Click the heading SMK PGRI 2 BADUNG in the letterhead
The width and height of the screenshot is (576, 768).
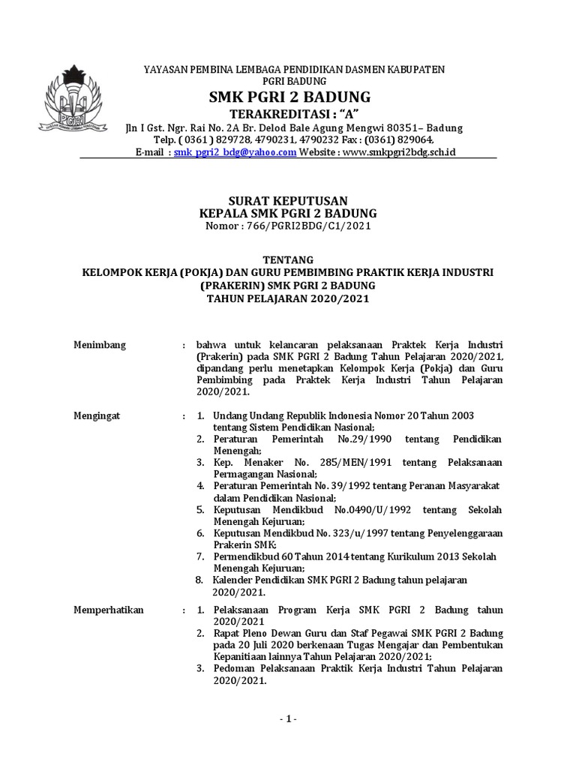pos(283,98)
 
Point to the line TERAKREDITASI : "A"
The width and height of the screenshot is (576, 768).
pos(283,113)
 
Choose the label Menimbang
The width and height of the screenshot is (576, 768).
pos(99,345)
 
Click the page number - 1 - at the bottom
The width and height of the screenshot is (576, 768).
pos(288,719)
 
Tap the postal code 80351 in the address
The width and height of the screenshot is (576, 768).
pos(387,127)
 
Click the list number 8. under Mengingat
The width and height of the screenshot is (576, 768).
pos(199,580)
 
